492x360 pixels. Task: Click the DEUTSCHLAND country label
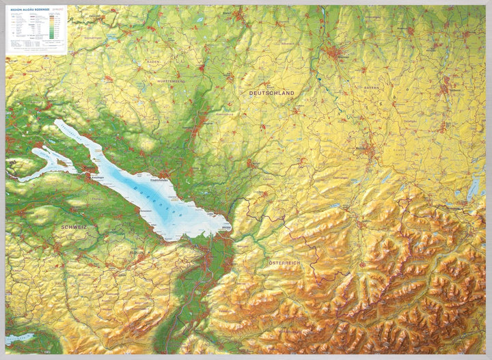271,92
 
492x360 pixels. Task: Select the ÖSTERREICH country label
284,263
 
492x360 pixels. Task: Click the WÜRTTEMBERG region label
173,81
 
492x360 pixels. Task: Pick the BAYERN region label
371,88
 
